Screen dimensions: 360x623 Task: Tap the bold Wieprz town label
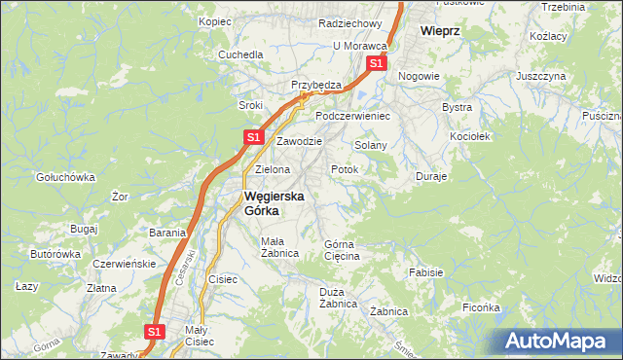439,30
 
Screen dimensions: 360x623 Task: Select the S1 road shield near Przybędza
376,64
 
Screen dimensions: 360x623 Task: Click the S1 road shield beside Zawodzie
252,137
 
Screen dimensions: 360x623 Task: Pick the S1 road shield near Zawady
154,332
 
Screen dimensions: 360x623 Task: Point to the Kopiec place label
214,20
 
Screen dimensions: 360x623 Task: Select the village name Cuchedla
240,54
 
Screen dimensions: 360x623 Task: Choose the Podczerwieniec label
351,115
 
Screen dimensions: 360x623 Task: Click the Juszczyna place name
541,75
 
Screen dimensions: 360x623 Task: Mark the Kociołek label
469,136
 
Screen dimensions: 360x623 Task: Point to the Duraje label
431,177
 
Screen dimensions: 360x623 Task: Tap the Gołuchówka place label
64,177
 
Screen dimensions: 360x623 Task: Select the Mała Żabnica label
278,247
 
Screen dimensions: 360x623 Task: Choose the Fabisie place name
427,273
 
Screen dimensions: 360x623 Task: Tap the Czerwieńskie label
124,264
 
